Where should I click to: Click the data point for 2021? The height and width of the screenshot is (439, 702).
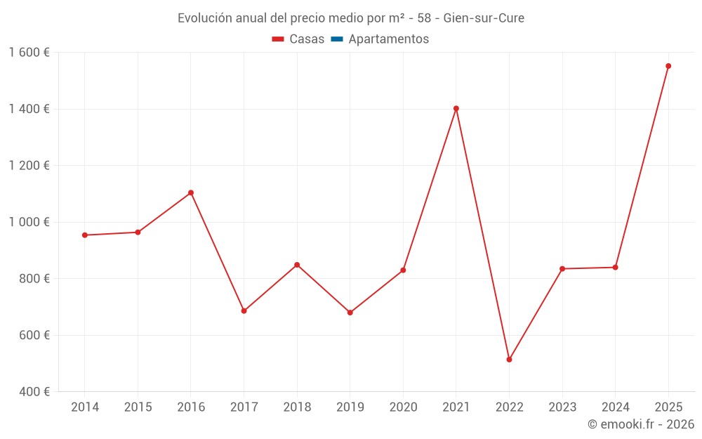pos(456,108)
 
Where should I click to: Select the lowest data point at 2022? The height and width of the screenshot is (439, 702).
pos(509,360)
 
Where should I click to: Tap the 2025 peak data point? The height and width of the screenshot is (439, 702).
pos(668,66)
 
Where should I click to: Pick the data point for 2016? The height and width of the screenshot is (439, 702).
pos(191,192)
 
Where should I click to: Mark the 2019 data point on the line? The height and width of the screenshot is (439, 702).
pos(350,313)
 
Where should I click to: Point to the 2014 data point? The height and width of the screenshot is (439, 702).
pos(85,235)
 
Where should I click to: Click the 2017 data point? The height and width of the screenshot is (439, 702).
pos(244,310)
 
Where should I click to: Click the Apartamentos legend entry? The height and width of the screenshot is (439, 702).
pos(388,39)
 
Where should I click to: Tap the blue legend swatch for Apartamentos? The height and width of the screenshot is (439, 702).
pos(337,39)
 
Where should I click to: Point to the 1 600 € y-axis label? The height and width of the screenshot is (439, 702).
pos(29,53)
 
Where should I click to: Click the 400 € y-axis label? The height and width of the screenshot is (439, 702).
pos(34,392)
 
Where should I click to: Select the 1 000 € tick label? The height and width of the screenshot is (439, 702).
pos(29,222)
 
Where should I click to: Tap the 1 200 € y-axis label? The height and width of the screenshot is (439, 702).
pos(29,166)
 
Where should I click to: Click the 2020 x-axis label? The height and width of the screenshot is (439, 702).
pos(403,407)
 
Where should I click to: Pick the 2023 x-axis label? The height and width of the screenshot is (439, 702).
pos(562,407)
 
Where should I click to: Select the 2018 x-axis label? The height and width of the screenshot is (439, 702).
pos(297,407)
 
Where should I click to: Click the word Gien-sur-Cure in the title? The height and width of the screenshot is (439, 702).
pos(484,18)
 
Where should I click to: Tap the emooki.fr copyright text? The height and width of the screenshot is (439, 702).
pos(640,424)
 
